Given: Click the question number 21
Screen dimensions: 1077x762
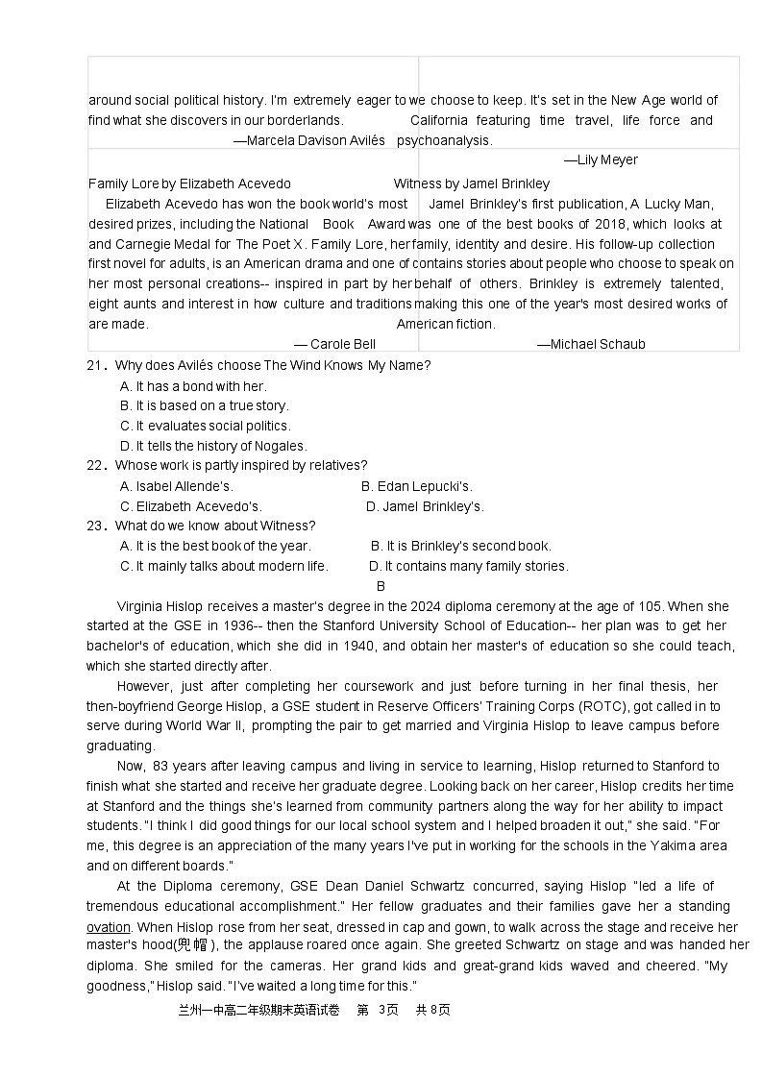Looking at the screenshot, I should coord(94,365).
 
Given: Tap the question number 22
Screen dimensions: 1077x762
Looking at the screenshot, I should coord(94,466).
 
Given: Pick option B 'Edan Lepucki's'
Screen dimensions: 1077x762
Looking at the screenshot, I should coord(417,486).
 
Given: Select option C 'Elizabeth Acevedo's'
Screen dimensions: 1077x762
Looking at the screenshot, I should coord(190,506).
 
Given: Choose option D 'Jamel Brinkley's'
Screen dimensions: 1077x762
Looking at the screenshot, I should coord(425,506).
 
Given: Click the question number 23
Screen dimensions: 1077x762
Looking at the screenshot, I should coord(94,526).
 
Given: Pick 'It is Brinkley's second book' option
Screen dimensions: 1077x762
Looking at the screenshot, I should coord(460,546).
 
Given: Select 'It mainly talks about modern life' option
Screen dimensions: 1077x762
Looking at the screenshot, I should coord(224,566).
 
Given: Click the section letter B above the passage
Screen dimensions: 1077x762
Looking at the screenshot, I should coord(381,586).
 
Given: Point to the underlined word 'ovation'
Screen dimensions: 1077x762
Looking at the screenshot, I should coord(109,927).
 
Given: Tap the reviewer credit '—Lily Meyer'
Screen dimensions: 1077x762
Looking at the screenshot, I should coord(601,159).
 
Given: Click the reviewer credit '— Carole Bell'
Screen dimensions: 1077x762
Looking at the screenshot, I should coord(334,344).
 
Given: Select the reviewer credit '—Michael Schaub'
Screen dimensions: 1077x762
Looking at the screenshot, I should coord(591,344).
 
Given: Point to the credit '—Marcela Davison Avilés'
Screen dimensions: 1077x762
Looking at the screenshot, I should coord(309,140).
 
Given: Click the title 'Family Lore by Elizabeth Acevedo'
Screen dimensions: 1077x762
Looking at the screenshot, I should coord(189,184).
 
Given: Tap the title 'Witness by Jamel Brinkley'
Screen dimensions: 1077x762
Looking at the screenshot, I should coord(472,184).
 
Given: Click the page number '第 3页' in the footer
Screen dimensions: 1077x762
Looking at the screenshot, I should coord(377,1010).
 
